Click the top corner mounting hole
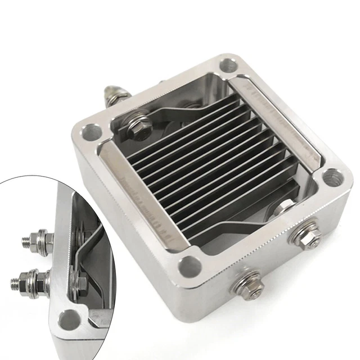228,65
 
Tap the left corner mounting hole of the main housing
91,133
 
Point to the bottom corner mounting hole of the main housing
190,265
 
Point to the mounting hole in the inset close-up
71,321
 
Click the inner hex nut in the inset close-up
78,278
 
